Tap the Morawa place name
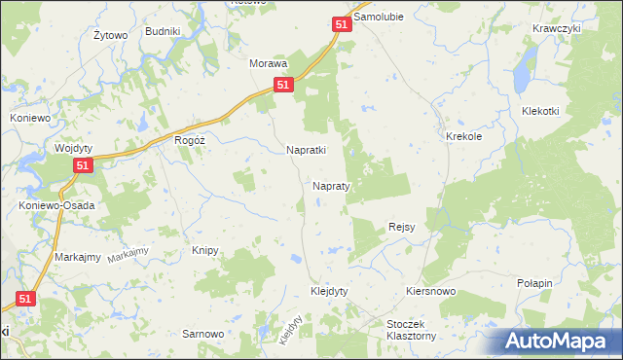click(x=269, y=63)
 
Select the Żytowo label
click(x=111, y=36)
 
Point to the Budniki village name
click(x=163, y=31)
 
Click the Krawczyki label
click(x=557, y=28)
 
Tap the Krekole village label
click(x=464, y=137)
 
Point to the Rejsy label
click(x=402, y=227)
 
